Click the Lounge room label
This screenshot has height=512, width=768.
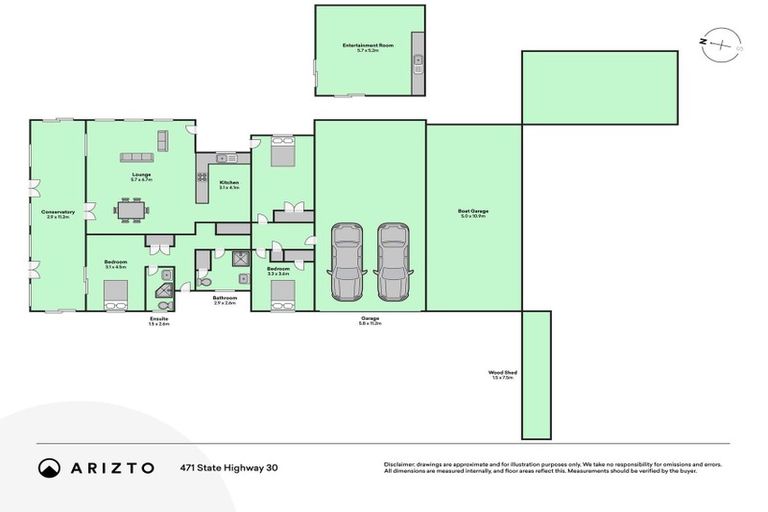(141, 176)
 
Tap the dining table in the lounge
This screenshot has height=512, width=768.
(132, 210)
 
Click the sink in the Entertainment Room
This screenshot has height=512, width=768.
(418, 61)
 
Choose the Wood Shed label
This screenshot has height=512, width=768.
(502, 373)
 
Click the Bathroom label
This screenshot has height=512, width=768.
(224, 298)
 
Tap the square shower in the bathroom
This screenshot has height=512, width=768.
(241, 259)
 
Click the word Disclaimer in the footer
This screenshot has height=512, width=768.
(400, 464)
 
